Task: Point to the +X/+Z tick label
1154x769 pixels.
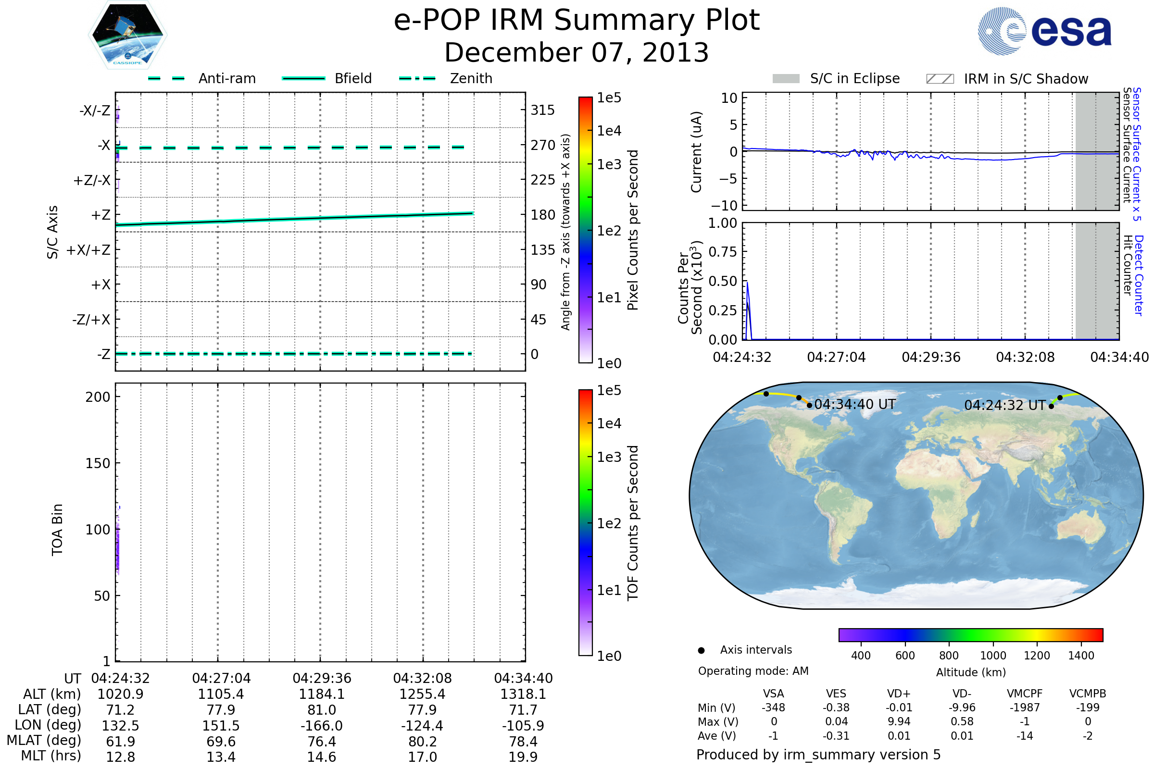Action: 88,250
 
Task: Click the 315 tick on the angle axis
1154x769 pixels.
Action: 542,111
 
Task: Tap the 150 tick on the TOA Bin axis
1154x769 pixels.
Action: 98,463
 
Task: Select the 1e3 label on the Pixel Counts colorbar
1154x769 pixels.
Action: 609,165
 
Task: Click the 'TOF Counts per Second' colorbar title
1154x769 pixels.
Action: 633,523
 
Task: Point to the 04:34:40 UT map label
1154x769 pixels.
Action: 855,405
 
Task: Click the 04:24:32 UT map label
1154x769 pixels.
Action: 1004,406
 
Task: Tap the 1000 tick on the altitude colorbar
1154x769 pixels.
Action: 993,656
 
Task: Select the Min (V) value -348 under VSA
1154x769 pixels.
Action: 773,707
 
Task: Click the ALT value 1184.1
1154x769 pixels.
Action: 321,695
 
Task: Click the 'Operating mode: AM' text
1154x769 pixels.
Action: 753,671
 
